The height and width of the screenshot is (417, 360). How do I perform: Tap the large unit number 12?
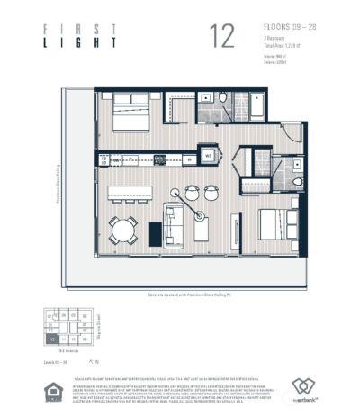[221, 36]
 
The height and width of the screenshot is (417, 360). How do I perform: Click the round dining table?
[123, 231]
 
